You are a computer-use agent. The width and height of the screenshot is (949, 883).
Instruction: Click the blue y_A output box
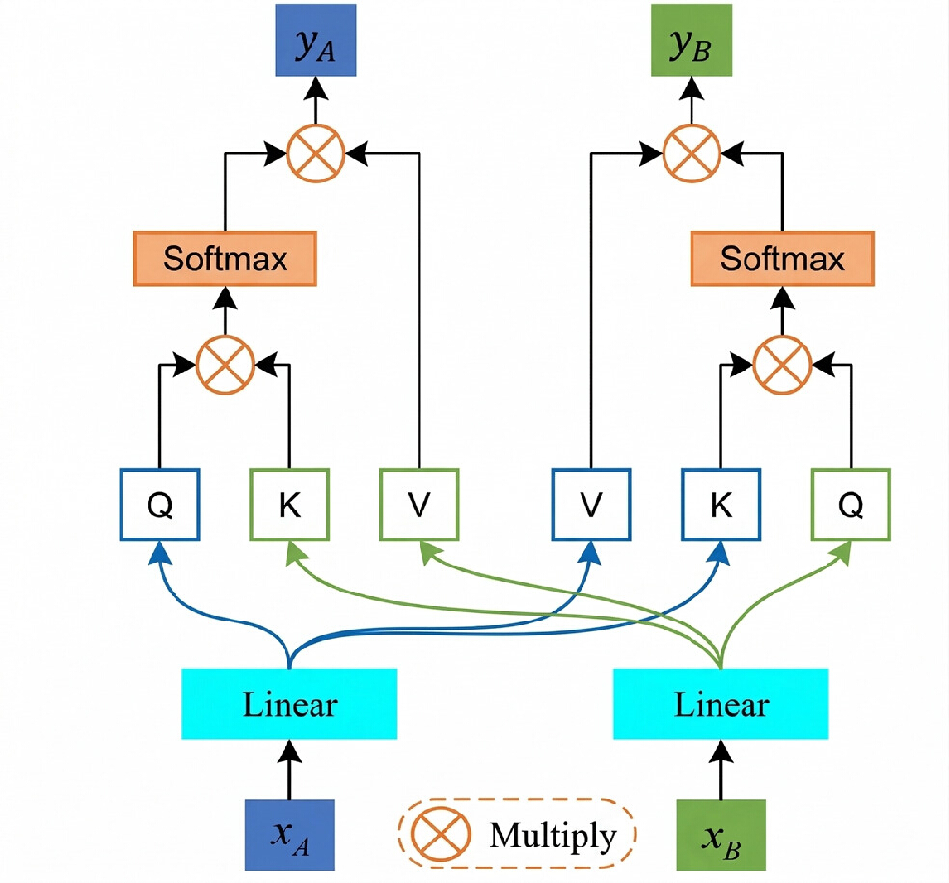[x=315, y=41]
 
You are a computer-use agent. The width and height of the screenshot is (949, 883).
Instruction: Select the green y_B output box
[x=691, y=41]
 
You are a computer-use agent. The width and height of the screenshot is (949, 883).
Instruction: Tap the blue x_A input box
[x=289, y=835]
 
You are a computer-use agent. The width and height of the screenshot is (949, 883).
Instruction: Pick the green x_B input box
[x=720, y=835]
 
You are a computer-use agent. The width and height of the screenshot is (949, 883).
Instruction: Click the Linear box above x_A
[x=289, y=704]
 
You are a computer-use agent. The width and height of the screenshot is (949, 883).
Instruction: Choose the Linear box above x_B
[x=720, y=704]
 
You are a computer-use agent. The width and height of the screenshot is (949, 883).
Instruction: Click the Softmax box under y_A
[x=225, y=258]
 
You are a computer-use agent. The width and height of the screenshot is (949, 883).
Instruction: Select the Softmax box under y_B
[x=782, y=258]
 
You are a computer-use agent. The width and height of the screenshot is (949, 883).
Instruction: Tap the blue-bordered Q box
[x=160, y=505]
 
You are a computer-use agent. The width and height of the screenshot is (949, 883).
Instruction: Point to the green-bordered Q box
[x=851, y=505]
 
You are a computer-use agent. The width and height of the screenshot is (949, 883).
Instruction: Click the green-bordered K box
[x=289, y=505]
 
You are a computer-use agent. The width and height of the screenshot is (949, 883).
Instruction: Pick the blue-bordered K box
[x=720, y=505]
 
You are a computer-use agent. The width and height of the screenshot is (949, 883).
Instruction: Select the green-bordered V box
[x=419, y=505]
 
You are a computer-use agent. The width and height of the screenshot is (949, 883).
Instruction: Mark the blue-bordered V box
[x=591, y=505]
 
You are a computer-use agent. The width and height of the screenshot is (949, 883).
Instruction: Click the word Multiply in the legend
[x=554, y=836]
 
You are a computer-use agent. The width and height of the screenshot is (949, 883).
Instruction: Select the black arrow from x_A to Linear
[x=289, y=770]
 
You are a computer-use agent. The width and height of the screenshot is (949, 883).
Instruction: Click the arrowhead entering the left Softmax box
[x=225, y=297]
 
